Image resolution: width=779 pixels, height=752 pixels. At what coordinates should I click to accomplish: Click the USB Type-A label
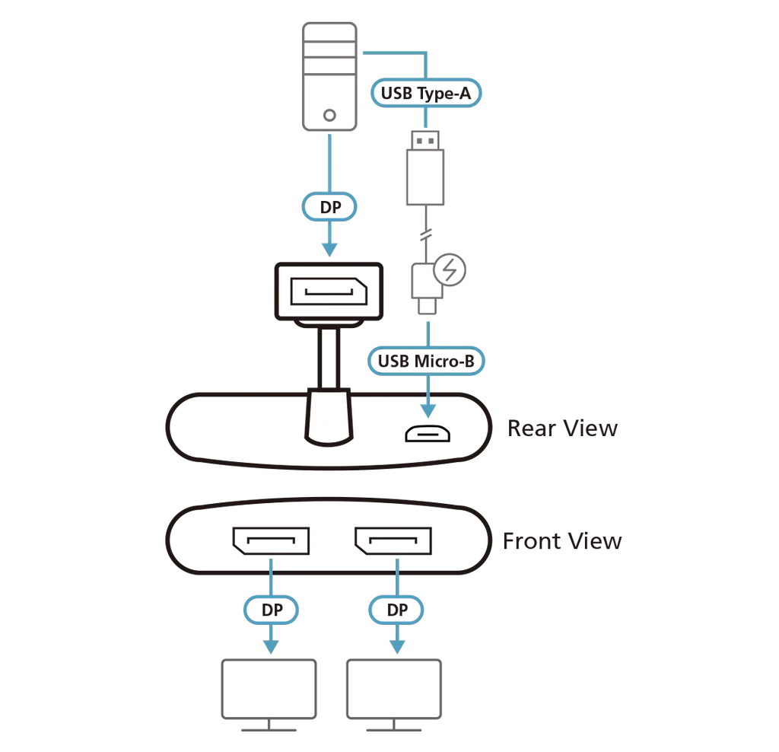(426, 93)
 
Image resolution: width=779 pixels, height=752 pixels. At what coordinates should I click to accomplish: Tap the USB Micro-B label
(426, 361)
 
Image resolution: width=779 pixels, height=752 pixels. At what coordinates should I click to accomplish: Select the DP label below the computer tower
(329, 207)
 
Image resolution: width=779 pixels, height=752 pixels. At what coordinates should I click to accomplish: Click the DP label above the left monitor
(271, 610)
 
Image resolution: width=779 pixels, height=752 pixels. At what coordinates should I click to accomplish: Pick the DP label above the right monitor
(396, 610)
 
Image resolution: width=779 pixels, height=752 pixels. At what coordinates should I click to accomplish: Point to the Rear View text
(562, 428)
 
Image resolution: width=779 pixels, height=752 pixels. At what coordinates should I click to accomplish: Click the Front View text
(562, 540)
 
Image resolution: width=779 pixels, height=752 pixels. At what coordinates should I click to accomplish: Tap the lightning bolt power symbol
(450, 270)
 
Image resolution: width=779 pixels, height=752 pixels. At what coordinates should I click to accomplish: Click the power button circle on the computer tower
(329, 115)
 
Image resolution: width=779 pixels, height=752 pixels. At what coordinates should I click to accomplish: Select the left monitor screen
(269, 689)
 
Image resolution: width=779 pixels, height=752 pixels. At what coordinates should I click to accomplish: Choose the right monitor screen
(394, 689)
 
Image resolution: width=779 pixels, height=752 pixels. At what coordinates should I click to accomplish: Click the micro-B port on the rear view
(428, 435)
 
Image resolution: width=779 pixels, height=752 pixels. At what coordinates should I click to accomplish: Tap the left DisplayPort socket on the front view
(271, 540)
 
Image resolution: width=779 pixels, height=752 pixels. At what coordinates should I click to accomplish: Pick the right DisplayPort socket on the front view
(393, 540)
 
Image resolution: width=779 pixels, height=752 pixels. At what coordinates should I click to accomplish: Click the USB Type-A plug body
(425, 177)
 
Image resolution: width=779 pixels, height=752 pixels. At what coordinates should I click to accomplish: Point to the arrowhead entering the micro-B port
(428, 411)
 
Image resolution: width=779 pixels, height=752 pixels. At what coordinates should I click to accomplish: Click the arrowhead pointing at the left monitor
(271, 647)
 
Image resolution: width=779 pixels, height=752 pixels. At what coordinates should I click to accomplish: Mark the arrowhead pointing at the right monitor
(397, 647)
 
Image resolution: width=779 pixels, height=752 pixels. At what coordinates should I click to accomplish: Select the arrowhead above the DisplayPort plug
(329, 250)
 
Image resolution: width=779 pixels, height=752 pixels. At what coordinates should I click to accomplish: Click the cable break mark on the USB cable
(426, 234)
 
